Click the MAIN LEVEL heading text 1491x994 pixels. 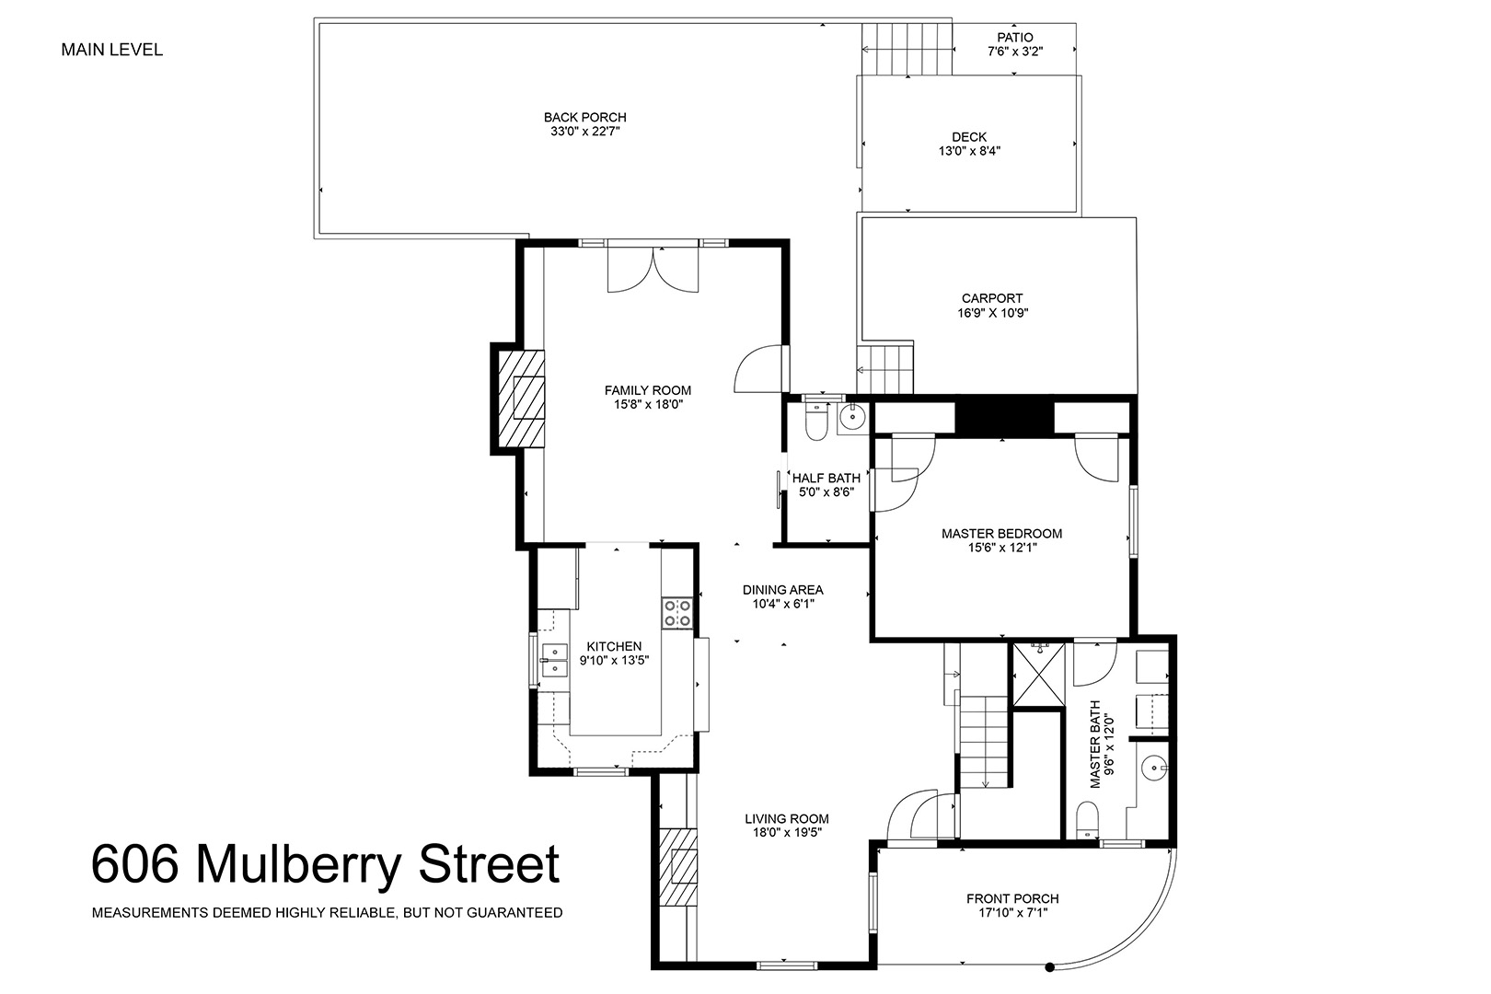coord(112,50)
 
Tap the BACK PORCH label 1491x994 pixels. coord(585,117)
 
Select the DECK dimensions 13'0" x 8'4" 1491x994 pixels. coord(969,151)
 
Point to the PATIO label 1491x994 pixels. coord(1015,38)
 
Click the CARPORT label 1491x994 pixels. coord(992,299)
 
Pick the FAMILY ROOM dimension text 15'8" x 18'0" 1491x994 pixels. coord(648,405)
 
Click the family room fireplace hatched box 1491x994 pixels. coord(522,399)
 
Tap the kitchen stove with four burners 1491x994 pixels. coord(677,613)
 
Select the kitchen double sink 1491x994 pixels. coord(554,660)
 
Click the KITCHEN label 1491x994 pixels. coord(614,646)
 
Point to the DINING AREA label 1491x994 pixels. coord(782,590)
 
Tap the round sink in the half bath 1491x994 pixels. coord(852,418)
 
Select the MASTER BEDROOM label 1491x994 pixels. coord(1001,534)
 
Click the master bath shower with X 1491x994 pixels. coord(1038,674)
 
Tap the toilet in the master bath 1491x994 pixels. coord(1087,819)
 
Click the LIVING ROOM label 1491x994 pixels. coord(787,819)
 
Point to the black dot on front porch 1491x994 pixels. coord(1050,967)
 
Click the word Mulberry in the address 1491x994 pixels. coord(299,865)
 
